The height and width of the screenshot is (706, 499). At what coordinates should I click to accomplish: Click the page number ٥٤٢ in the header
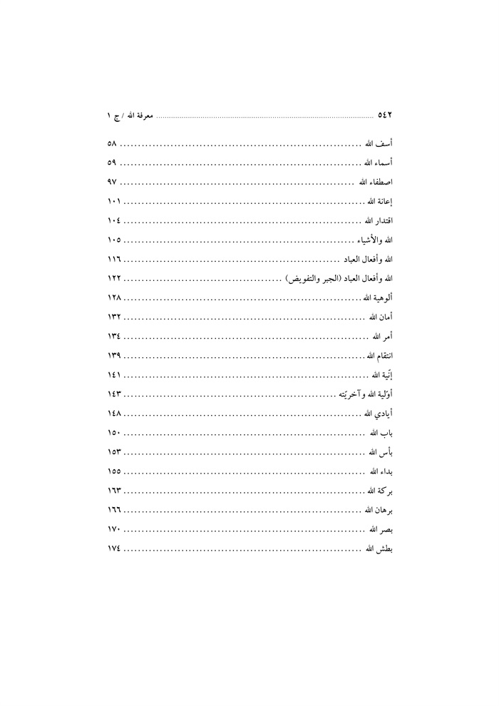tap(385, 114)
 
